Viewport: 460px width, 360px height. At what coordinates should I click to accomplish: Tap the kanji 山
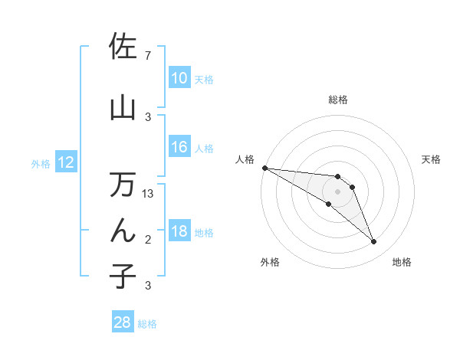(x=123, y=108)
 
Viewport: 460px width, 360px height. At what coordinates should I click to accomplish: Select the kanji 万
(x=123, y=185)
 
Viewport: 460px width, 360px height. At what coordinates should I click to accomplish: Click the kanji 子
(x=123, y=275)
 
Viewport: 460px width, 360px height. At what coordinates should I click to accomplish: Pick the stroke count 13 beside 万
(x=149, y=194)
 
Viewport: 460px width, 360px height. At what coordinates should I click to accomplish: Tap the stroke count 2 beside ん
(x=148, y=241)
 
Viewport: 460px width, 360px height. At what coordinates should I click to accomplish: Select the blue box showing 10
(x=179, y=78)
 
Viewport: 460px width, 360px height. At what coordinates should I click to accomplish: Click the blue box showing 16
(x=179, y=147)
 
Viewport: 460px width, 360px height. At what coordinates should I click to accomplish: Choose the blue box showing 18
(x=179, y=231)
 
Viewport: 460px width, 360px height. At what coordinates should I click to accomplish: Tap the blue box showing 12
(x=66, y=162)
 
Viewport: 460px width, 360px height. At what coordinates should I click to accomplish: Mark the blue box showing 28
(x=122, y=322)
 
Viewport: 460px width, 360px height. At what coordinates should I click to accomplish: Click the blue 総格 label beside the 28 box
(x=147, y=324)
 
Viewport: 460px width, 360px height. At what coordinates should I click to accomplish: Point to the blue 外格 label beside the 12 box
(x=41, y=163)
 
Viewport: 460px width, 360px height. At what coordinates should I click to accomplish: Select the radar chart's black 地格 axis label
(x=402, y=262)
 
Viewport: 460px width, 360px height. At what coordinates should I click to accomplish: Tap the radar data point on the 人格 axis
(x=264, y=167)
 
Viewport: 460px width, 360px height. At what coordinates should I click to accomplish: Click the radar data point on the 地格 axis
(x=374, y=242)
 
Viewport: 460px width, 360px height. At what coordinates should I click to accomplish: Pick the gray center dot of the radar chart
(x=337, y=191)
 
